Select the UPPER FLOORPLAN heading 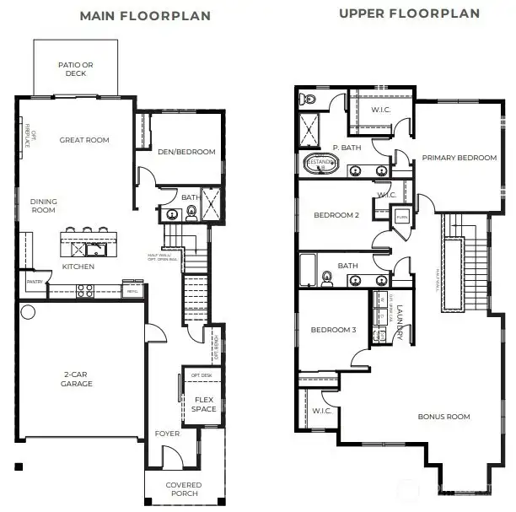coord(409,13)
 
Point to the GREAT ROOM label coord(84,140)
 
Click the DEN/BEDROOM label coord(187,152)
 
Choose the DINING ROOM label coord(43,206)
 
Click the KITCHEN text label coord(78,267)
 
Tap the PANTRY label coord(35,282)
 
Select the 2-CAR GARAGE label coord(76,379)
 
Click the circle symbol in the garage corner coord(27,312)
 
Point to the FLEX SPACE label coord(205,404)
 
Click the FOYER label coord(167,434)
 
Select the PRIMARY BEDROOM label coord(459,158)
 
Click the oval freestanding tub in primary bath coord(320,163)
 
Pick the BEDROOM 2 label coord(336,215)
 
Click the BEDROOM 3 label coord(332,329)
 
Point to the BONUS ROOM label coord(443,417)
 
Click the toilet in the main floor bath coord(191,212)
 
